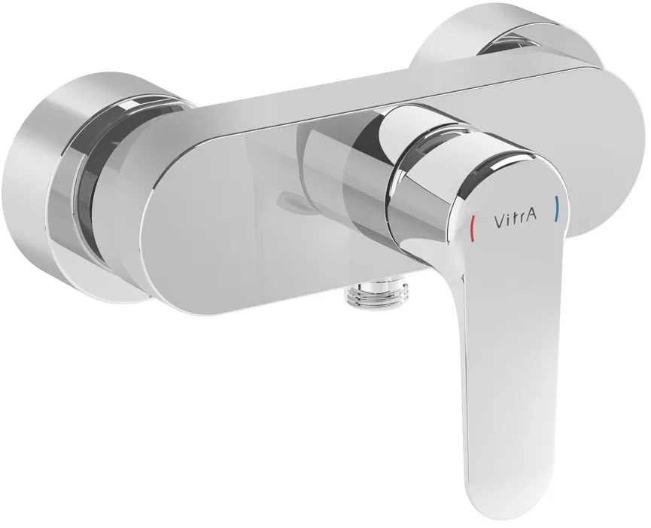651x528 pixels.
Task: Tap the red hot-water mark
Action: coord(473,226)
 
